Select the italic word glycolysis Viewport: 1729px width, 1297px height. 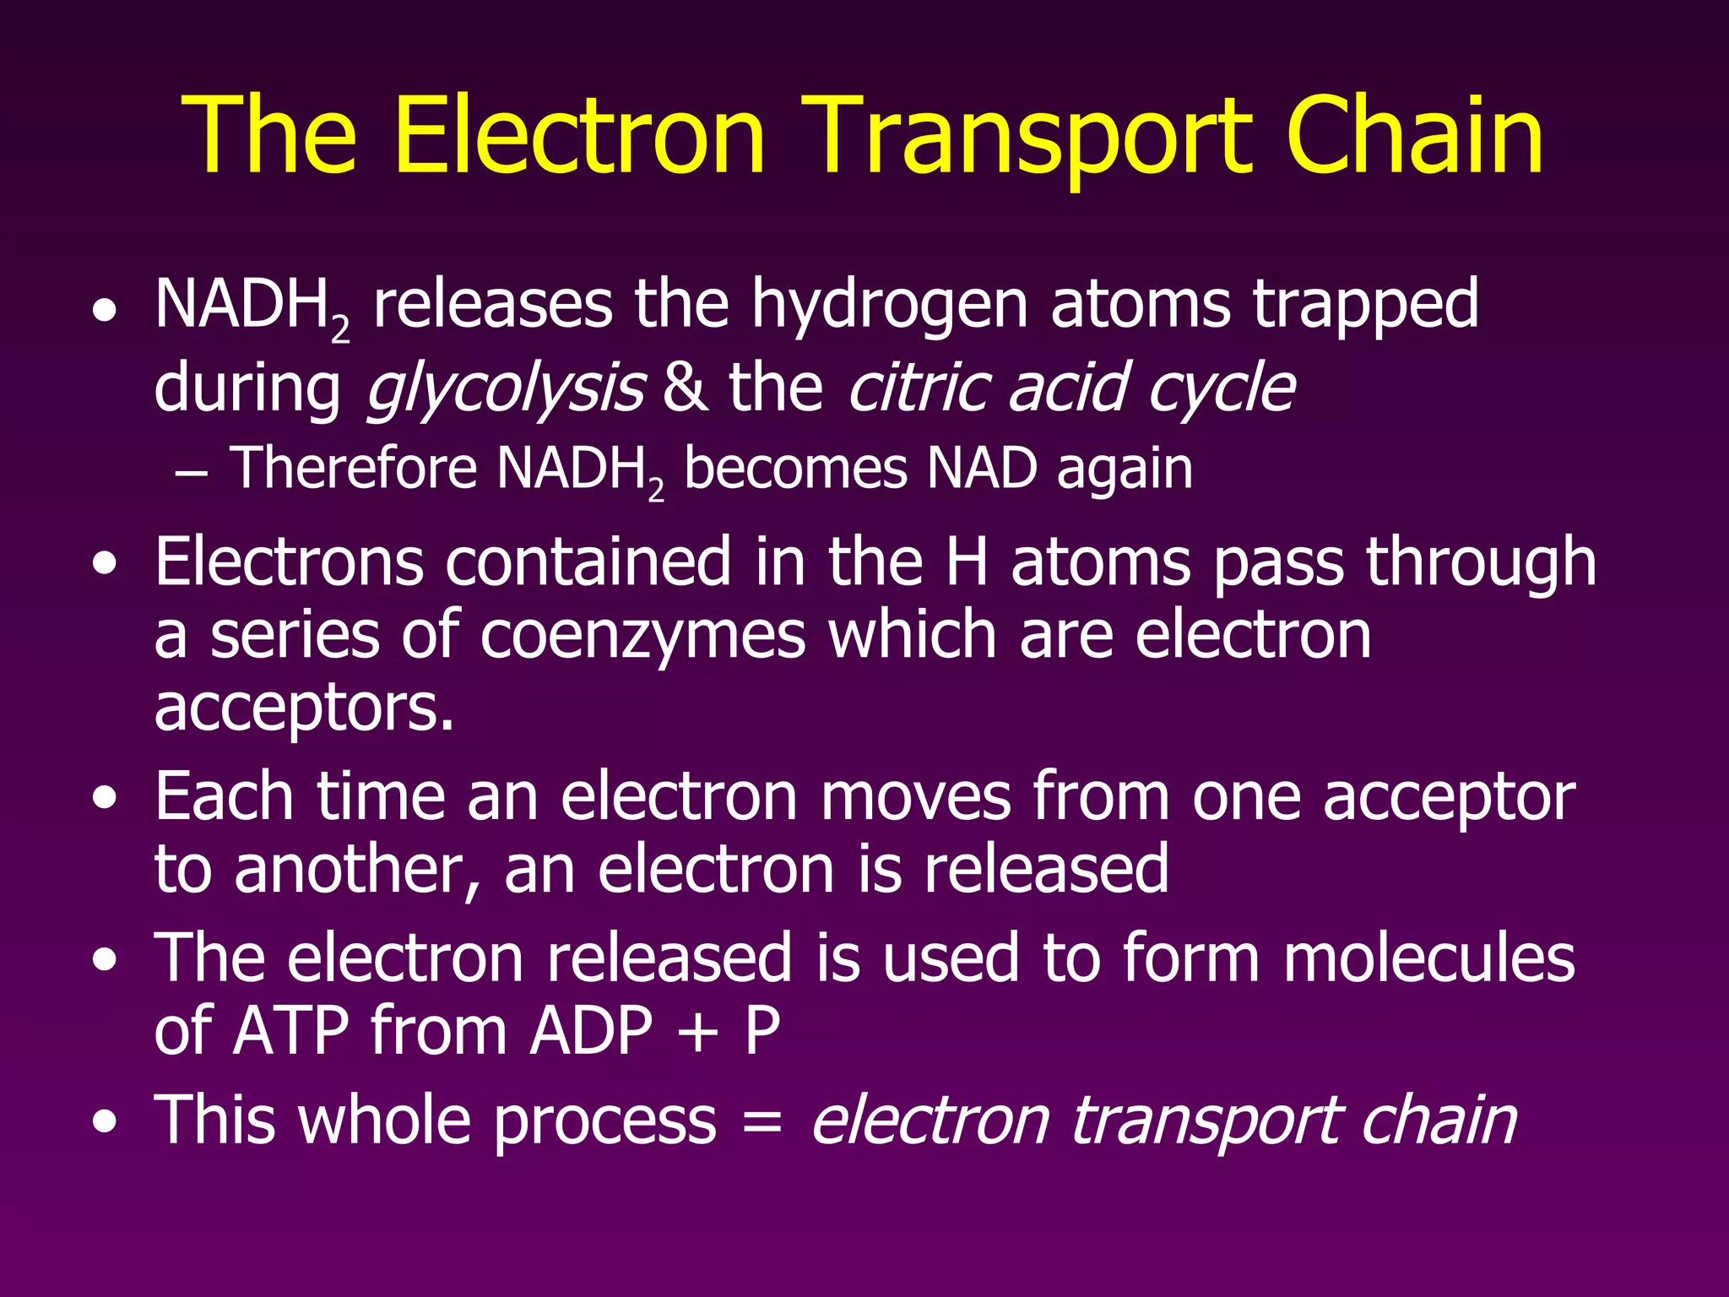[x=505, y=388]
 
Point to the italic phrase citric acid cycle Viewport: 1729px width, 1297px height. [x=1070, y=388]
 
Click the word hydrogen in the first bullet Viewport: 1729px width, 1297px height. [x=889, y=306]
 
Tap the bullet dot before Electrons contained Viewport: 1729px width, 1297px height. [x=105, y=564]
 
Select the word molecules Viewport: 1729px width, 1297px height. [x=1428, y=959]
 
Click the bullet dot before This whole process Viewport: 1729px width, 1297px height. [x=105, y=1123]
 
